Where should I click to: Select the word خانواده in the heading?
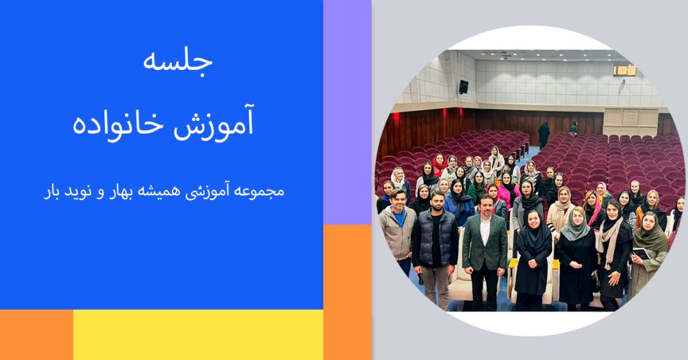pos(118,124)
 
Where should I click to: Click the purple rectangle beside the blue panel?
pos(347,112)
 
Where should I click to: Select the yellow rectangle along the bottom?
pos(198,334)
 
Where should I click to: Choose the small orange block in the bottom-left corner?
pos(36,334)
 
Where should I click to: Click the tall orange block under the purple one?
pos(347,292)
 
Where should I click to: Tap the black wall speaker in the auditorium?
pos(464,87)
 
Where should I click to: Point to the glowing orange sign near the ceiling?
pos(624,71)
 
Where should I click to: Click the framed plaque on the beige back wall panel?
pos(630,117)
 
